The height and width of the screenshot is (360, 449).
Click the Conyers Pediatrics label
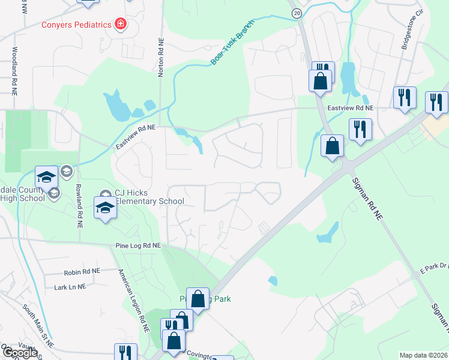tap(76, 25)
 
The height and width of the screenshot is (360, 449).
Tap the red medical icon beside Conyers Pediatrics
tap(121, 24)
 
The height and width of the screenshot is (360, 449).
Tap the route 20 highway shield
tap(297, 13)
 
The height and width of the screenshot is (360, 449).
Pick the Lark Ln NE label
tap(70, 287)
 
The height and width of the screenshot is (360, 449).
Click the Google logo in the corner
tap(20, 353)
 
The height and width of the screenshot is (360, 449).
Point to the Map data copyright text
tap(423, 355)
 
